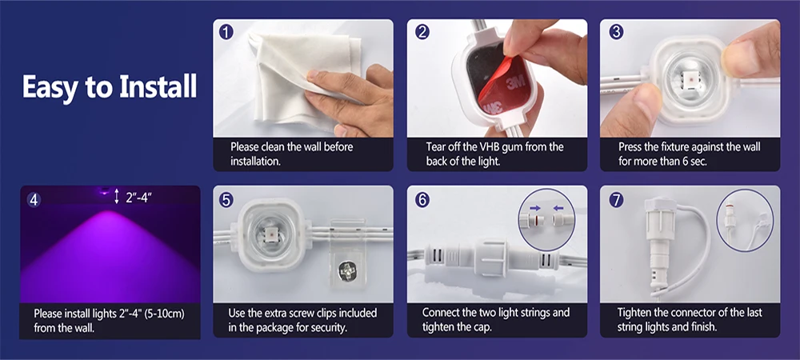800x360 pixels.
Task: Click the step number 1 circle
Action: (x=226, y=32)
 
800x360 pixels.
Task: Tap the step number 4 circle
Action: (x=34, y=200)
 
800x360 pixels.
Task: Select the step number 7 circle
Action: (x=616, y=200)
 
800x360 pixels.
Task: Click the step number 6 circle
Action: (x=422, y=200)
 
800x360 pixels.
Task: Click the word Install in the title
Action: (x=158, y=86)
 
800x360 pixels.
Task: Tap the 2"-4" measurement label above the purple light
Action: (x=138, y=197)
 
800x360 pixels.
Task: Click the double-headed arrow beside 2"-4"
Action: (x=117, y=196)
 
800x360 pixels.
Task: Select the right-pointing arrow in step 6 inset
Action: (x=534, y=208)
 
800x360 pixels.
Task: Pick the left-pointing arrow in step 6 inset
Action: (x=559, y=208)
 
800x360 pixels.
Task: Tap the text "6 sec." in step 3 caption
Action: (x=694, y=161)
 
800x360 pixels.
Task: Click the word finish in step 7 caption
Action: (x=702, y=327)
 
